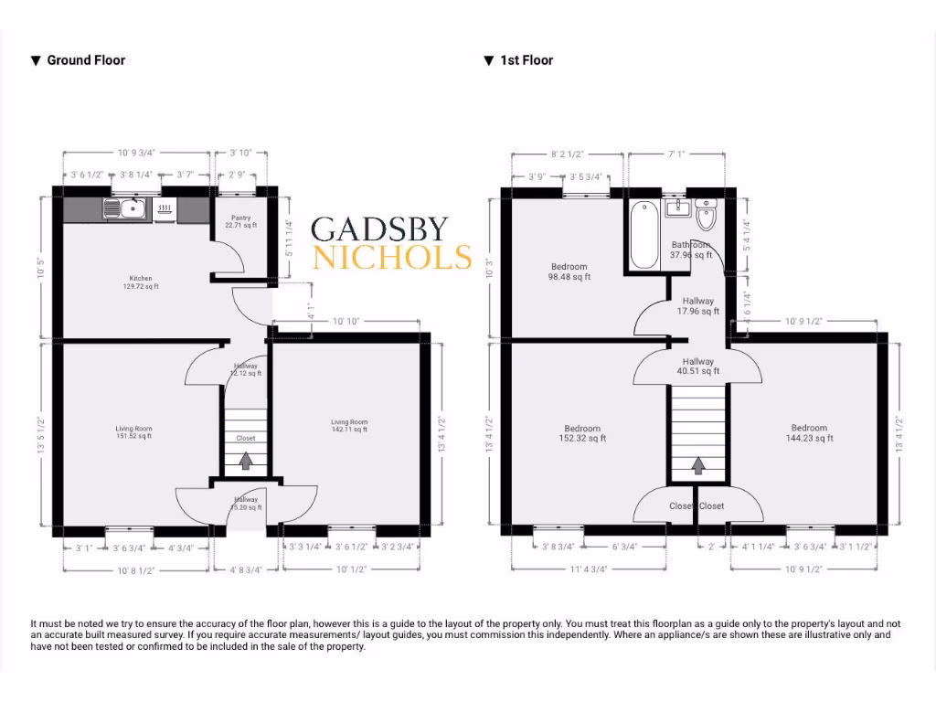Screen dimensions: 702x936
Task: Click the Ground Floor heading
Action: coord(86,60)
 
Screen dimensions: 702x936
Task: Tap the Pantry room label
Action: coord(241,221)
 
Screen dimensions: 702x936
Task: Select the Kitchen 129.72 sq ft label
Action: coord(140,282)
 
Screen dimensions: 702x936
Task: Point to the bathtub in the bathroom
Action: coord(644,234)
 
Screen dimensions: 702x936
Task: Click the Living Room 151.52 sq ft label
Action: coord(133,432)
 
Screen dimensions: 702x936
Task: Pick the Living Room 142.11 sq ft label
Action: coord(348,426)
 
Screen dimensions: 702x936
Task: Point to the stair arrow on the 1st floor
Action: coord(697,466)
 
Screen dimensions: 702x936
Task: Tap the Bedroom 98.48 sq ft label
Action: coord(569,271)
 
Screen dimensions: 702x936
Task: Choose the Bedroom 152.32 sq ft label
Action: coord(582,433)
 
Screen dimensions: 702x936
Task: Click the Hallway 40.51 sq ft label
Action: coord(697,367)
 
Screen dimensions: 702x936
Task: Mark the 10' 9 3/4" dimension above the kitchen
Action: coord(136,154)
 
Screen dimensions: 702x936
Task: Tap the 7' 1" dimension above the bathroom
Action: coord(676,154)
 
